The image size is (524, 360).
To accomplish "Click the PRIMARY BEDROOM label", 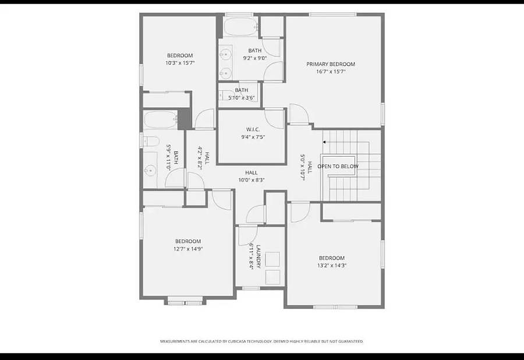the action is pyautogui.click(x=331, y=64).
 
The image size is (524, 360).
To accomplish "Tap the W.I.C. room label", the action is pyautogui.click(x=253, y=129).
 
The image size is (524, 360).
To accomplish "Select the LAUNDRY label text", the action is pyautogui.click(x=259, y=256).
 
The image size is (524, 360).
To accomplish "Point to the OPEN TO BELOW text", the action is pyautogui.click(x=338, y=167).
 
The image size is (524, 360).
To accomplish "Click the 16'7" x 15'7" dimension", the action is pyautogui.click(x=331, y=72).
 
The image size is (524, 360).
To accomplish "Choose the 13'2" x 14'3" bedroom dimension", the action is pyautogui.click(x=331, y=266).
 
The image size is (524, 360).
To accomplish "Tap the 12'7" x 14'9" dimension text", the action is pyautogui.click(x=188, y=249).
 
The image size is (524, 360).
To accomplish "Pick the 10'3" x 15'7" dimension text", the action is pyautogui.click(x=180, y=63).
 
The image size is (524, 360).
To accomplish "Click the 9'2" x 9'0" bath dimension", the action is pyautogui.click(x=254, y=58).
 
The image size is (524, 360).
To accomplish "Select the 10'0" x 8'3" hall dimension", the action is pyautogui.click(x=252, y=180).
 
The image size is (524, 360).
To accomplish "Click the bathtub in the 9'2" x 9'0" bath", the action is pyautogui.click(x=241, y=27).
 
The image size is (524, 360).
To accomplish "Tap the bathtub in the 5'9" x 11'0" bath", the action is pyautogui.click(x=161, y=119).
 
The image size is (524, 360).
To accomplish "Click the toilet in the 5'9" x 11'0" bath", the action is pyautogui.click(x=151, y=141).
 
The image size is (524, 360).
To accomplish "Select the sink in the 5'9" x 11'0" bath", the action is pyautogui.click(x=150, y=171).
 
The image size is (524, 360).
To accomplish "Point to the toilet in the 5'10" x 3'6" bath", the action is pyautogui.click(x=223, y=96).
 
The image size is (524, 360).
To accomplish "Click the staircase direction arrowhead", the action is pyautogui.click(x=324, y=142).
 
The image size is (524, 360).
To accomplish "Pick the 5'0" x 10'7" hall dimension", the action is pyautogui.click(x=303, y=167).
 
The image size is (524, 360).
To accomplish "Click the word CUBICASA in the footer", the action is pyautogui.click(x=238, y=341).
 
